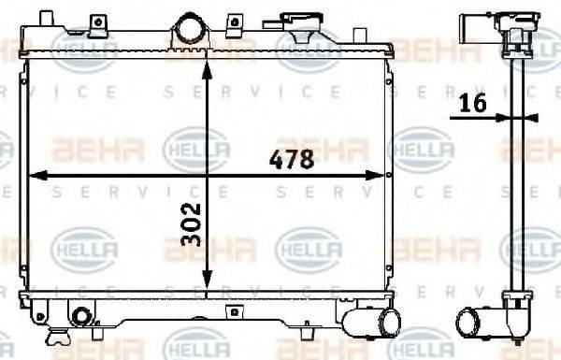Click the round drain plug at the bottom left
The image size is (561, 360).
(81, 316)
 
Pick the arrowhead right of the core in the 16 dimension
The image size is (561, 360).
(529, 117)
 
